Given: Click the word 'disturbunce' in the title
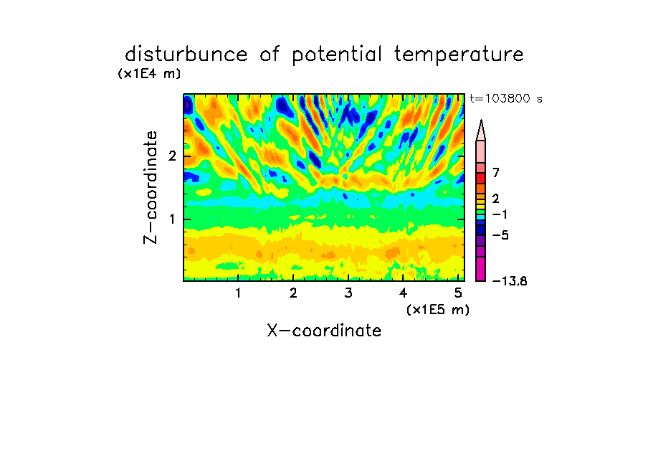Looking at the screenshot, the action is pyautogui.click(x=186, y=55).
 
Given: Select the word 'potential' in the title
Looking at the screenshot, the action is pyautogui.click(x=336, y=55).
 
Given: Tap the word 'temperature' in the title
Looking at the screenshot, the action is pyautogui.click(x=459, y=55).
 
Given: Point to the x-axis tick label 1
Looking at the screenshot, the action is pyautogui.click(x=238, y=293).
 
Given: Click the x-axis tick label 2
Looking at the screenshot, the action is pyautogui.click(x=293, y=293).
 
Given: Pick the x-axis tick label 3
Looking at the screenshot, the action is pyautogui.click(x=348, y=293).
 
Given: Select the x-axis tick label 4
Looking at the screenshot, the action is pyautogui.click(x=404, y=293).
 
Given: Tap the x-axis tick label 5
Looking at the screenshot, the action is pyautogui.click(x=458, y=293).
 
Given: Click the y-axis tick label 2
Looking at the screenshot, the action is pyautogui.click(x=172, y=156).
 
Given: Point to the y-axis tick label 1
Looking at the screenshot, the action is pyautogui.click(x=172, y=219).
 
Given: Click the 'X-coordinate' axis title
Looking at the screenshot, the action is pyautogui.click(x=324, y=331).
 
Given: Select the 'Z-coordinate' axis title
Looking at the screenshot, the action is pyautogui.click(x=151, y=187).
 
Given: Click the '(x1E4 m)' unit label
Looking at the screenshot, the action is pyautogui.click(x=149, y=74).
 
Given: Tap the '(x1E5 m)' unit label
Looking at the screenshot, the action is pyautogui.click(x=438, y=310).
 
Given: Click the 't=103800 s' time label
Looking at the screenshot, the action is pyautogui.click(x=506, y=98).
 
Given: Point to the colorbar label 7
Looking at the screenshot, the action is pyautogui.click(x=496, y=173).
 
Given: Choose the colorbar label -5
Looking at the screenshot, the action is pyautogui.click(x=500, y=235).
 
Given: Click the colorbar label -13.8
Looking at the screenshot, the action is pyautogui.click(x=510, y=281).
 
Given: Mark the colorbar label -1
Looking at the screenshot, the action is pyautogui.click(x=500, y=214).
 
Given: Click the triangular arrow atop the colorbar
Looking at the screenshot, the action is pyautogui.click(x=481, y=131).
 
